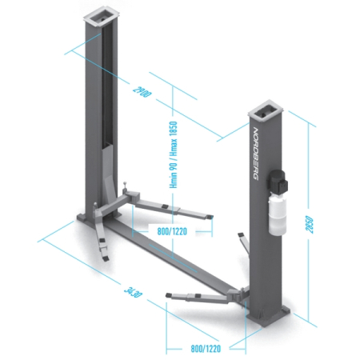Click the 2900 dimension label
(142, 92)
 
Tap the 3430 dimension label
(133, 292)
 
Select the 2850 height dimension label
(309, 224)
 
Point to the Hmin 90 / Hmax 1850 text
(174, 154)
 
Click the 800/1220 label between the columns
(172, 231)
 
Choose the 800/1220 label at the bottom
(206, 349)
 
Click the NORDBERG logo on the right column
(255, 154)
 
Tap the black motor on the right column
(278, 182)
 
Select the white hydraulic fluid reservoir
(278, 214)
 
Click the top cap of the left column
(101, 16)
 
